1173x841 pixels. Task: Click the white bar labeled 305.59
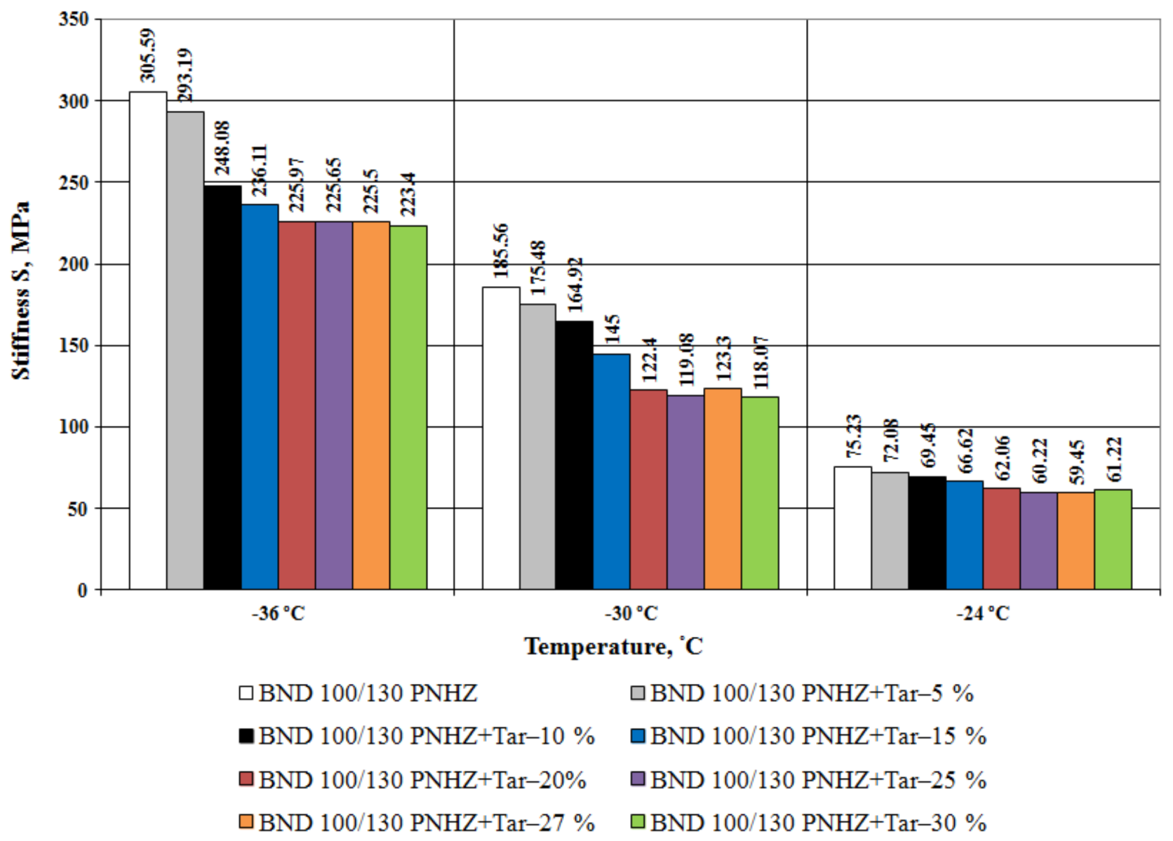tap(148, 340)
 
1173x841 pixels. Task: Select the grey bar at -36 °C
tap(185, 350)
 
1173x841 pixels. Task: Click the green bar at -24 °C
tap(1113, 539)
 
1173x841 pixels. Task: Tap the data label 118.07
tap(760, 362)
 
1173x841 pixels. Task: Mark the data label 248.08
tap(222, 148)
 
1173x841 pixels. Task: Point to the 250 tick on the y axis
tap(74, 183)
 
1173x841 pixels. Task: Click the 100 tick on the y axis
tap(74, 427)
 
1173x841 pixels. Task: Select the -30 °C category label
tap(631, 614)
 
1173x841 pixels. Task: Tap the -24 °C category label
tap(983, 614)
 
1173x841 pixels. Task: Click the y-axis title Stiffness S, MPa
tap(21, 291)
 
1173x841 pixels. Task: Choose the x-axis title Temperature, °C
tap(613, 646)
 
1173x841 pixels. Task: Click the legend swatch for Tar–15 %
tap(637, 736)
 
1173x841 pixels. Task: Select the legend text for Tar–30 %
tap(818, 822)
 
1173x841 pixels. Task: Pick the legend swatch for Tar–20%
tap(246, 779)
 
